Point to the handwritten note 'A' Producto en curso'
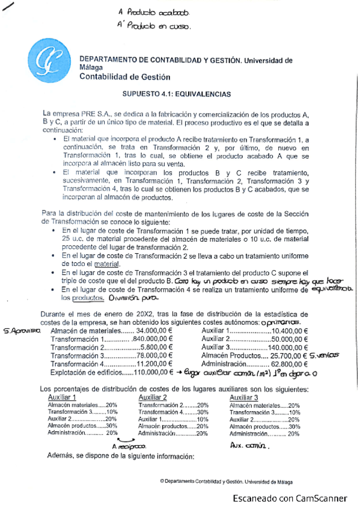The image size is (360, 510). [154, 26]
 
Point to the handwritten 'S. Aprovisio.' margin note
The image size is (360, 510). [21, 331]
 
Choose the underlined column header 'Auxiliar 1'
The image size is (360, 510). [62, 397]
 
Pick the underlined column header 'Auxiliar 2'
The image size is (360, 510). [153, 397]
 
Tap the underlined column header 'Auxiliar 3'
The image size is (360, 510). [245, 397]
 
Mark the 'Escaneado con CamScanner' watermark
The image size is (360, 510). [290, 498]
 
